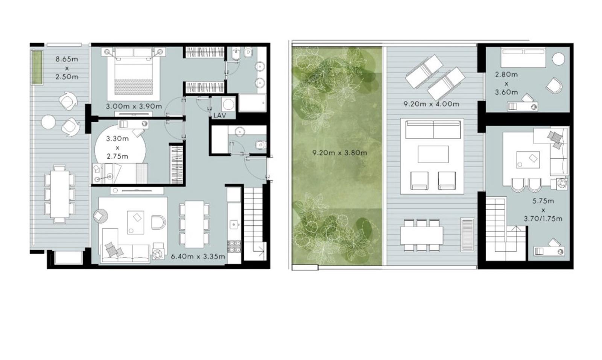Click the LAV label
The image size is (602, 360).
(x=220, y=115)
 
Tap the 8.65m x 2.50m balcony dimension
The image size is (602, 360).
(x=67, y=68)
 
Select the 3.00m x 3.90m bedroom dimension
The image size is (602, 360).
(x=134, y=106)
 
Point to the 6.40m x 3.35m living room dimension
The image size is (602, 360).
(x=198, y=257)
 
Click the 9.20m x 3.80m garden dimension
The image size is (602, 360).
(x=340, y=153)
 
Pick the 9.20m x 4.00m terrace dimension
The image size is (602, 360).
(x=432, y=104)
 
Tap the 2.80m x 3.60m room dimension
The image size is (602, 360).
(x=506, y=83)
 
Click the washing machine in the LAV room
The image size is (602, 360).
(x=228, y=104)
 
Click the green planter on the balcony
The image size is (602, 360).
(x=37, y=67)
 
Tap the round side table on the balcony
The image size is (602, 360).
(x=49, y=122)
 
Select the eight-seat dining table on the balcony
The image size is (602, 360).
(x=60, y=194)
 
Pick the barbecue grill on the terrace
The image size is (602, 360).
(x=467, y=235)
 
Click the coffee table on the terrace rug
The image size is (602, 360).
(x=433, y=154)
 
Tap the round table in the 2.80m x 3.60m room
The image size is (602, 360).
(x=558, y=59)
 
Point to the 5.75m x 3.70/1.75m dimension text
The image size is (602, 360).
(x=543, y=210)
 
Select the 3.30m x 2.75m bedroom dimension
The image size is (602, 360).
(x=117, y=147)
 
